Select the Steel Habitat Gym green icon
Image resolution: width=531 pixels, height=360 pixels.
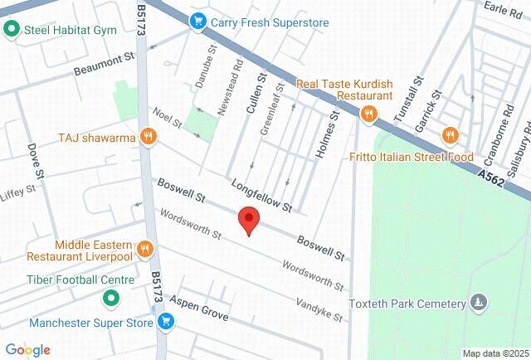click(x=12, y=31)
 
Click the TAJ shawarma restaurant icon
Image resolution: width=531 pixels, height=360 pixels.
click(x=149, y=137)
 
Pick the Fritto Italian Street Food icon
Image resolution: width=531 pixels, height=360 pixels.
click(x=451, y=135)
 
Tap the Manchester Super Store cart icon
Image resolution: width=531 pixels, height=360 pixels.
click(x=165, y=321)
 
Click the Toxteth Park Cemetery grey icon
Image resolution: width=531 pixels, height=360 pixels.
click(x=478, y=302)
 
